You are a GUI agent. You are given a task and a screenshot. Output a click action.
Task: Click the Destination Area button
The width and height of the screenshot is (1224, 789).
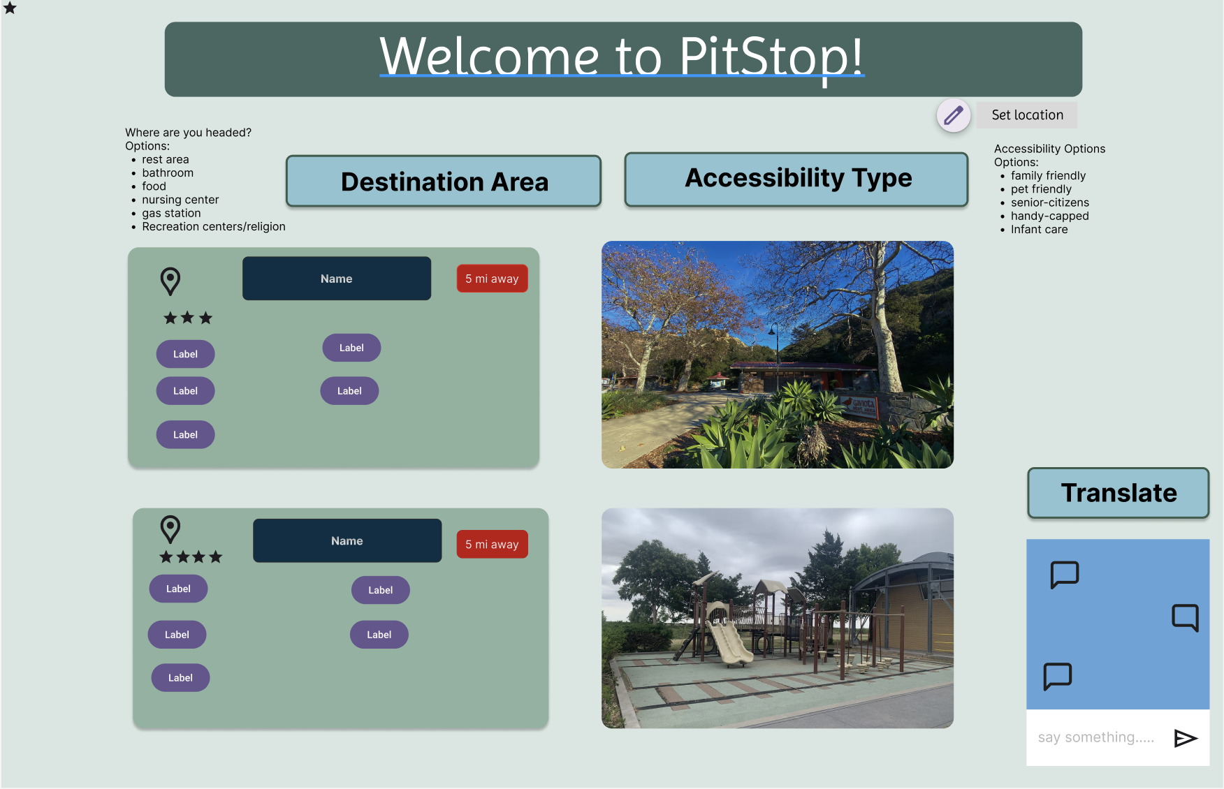point(444,182)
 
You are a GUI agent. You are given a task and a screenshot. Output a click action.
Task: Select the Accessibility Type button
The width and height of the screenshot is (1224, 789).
point(796,179)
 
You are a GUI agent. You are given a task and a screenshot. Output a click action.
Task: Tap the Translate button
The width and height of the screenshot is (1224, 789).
point(1119,493)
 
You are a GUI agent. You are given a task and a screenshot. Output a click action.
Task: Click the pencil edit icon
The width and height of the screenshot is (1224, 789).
point(954,115)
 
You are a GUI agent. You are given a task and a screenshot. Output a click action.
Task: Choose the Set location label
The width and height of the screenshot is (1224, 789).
point(1027,115)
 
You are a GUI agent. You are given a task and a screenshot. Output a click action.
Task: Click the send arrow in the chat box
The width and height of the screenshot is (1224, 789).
point(1186,738)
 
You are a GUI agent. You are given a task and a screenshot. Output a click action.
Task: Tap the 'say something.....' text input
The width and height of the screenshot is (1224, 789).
point(1096,737)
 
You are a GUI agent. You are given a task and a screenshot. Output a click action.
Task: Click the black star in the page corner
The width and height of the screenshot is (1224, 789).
point(10,8)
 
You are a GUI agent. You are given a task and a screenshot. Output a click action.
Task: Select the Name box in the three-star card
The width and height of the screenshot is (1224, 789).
point(337,279)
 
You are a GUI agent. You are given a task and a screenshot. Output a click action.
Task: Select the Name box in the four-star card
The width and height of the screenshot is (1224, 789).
point(347,540)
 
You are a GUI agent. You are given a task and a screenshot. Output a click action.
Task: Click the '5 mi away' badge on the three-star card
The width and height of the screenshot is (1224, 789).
point(492,279)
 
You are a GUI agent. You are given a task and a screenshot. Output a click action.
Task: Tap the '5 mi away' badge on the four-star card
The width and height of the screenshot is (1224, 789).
point(492,544)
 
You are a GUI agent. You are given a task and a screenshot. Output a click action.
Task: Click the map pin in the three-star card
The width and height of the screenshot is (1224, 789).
point(170,281)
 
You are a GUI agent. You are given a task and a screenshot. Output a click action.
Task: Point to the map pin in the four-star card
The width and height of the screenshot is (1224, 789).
point(170,529)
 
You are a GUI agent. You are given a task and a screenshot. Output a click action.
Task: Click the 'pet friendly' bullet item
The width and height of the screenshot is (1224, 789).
point(1041,189)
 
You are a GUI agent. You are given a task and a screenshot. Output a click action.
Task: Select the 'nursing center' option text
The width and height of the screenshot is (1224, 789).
point(180,200)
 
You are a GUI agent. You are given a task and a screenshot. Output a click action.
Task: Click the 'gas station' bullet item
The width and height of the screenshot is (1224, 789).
point(171,213)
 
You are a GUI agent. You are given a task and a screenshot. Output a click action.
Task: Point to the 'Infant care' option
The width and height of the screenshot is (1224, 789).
point(1039,230)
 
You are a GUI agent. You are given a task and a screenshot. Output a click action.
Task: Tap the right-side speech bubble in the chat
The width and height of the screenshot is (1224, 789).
point(1186,617)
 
